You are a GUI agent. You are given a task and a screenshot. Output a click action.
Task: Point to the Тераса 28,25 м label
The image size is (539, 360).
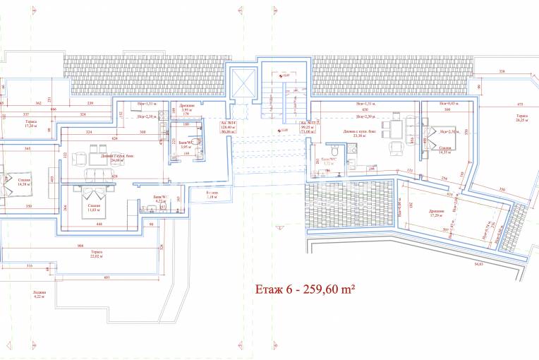click(521, 118)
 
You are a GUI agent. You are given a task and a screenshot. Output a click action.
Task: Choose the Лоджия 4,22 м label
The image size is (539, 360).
click(39, 294)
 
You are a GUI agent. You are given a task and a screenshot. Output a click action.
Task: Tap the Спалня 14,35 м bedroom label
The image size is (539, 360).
click(445, 150)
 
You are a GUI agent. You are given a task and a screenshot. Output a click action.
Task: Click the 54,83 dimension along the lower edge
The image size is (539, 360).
click(478, 263)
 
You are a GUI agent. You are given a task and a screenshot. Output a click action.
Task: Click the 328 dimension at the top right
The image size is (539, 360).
click(502, 71)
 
